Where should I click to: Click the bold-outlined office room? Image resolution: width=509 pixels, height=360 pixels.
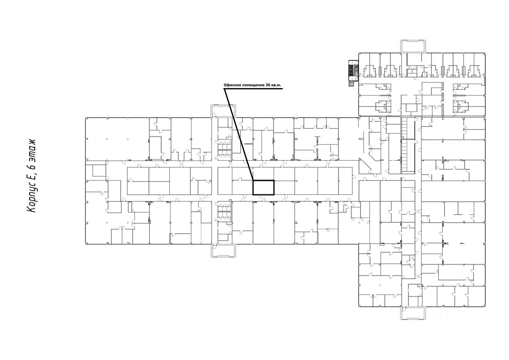pos(263,187)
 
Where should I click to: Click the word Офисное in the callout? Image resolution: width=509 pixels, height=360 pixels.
pos(232,85)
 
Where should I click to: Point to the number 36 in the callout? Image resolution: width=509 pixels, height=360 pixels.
pos(268,85)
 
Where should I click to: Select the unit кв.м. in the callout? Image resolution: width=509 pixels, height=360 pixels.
pos(277,85)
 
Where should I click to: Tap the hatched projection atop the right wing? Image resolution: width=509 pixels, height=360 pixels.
pos(413,46)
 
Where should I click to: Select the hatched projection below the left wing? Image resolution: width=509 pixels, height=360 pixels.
pos(224,250)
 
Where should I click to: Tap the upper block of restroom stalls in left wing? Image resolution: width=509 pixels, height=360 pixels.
pos(225,147)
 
